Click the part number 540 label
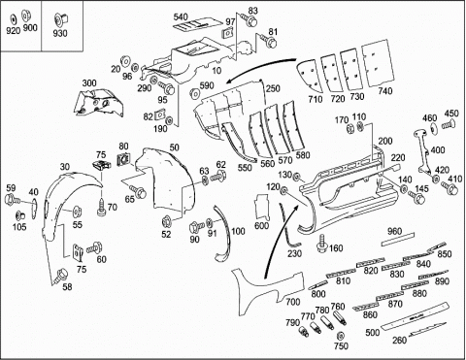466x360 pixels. point(181,16)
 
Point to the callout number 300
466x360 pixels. point(89,82)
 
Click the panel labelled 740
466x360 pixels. point(379,63)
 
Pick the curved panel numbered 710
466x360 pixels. point(310,76)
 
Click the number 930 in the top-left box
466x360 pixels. point(60,33)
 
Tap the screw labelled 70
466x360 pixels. point(102,207)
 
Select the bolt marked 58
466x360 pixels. point(61,276)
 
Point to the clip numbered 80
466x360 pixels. point(123,159)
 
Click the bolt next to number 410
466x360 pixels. point(449,188)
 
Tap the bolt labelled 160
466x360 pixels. point(322,245)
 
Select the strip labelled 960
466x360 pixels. point(398,240)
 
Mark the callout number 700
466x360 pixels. point(292,302)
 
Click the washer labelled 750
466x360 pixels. point(340,335)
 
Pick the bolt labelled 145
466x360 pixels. point(416,197)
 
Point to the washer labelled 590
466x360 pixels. point(194,93)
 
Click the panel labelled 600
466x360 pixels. point(262,208)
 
